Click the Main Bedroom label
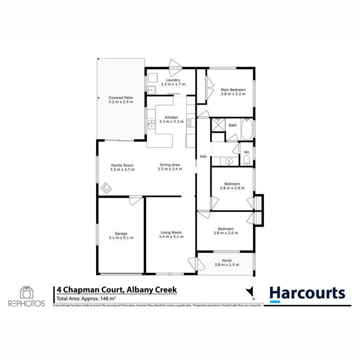(x=233, y=90)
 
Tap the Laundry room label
(x=172, y=80)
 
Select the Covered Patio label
(x=120, y=97)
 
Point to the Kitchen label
(x=171, y=117)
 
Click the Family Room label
(x=122, y=165)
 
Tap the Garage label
(x=121, y=234)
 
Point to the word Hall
(x=203, y=156)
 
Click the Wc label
(x=247, y=152)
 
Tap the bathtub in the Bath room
(x=248, y=128)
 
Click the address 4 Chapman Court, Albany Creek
(x=117, y=290)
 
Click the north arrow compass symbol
(x=248, y=292)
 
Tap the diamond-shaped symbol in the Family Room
(x=106, y=189)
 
